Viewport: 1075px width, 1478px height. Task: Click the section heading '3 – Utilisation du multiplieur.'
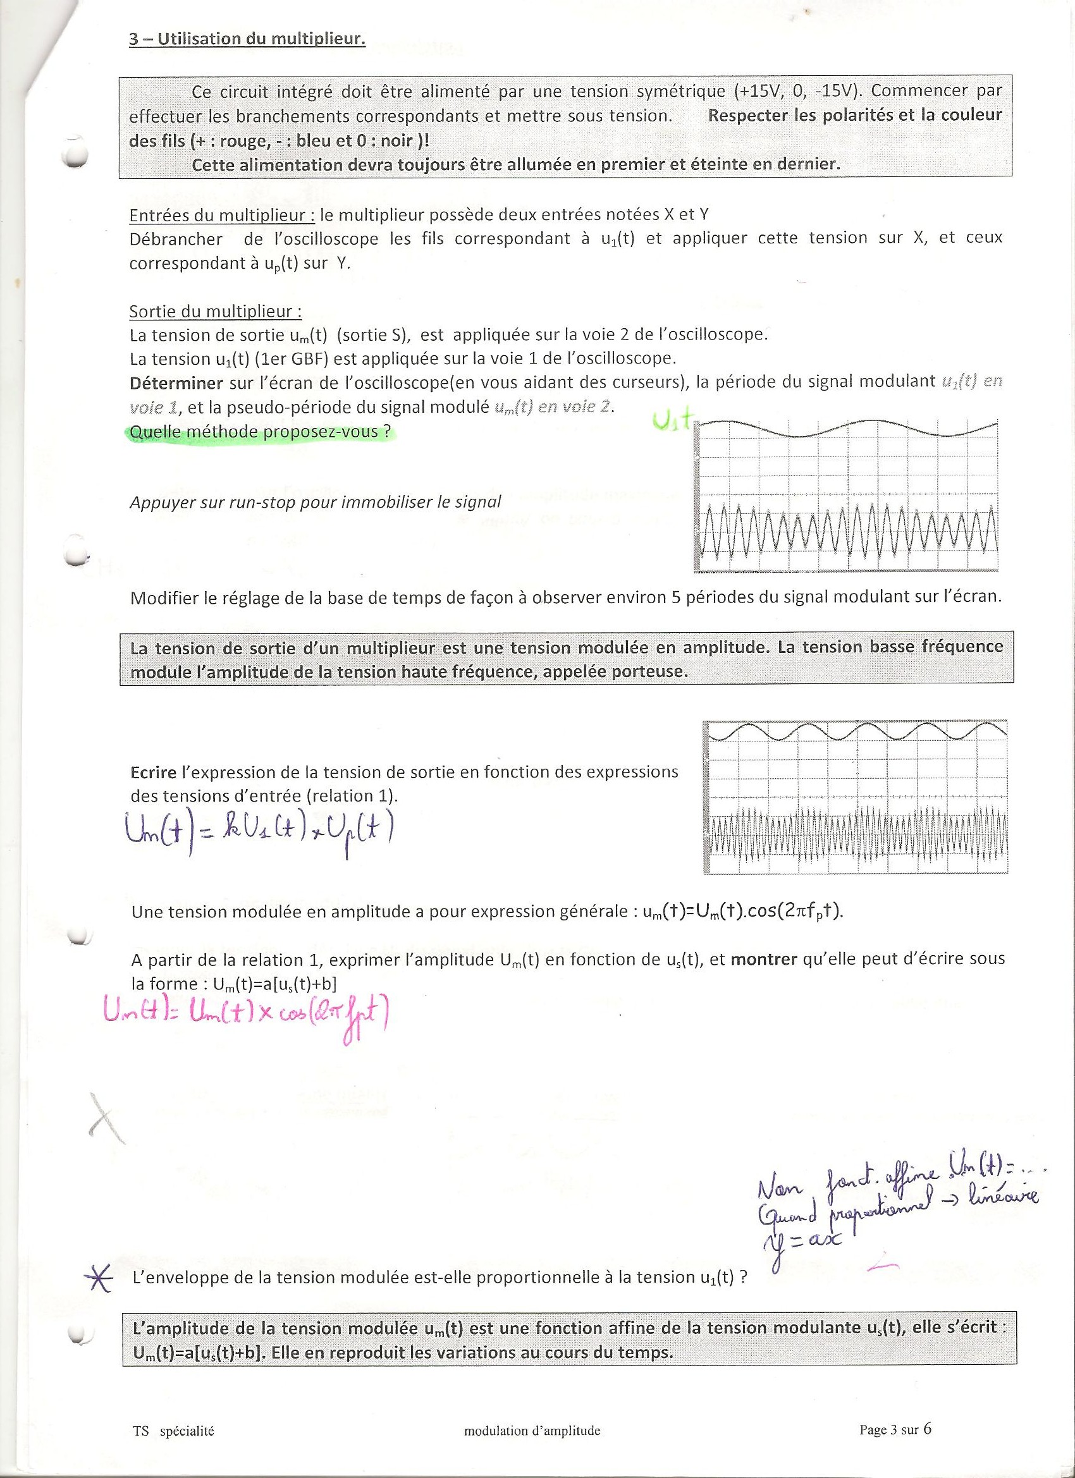pos(247,39)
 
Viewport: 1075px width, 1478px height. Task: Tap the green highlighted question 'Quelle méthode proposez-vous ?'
pos(261,431)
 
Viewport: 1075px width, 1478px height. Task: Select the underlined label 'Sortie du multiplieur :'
pos(215,311)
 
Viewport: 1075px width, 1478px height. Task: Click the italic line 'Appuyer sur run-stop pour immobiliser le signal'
pos(316,502)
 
